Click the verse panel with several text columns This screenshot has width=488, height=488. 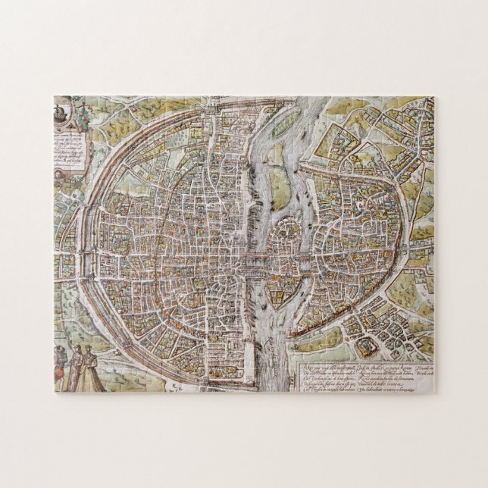[x=364, y=368]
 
